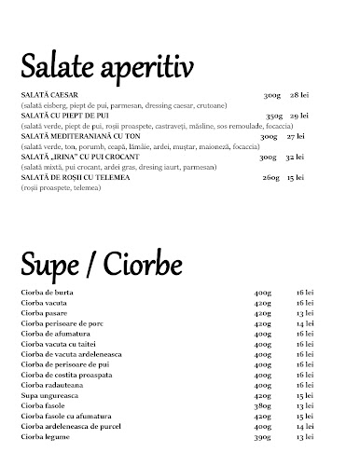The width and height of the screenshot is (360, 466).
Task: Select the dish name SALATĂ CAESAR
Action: pos(46,95)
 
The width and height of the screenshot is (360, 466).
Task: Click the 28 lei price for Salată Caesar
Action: pos(299,95)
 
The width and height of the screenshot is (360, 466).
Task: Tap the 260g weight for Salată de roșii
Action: pos(270,176)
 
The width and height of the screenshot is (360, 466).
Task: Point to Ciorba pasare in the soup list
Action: pos(44,314)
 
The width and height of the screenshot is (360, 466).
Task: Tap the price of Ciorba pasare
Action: pos(303,314)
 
